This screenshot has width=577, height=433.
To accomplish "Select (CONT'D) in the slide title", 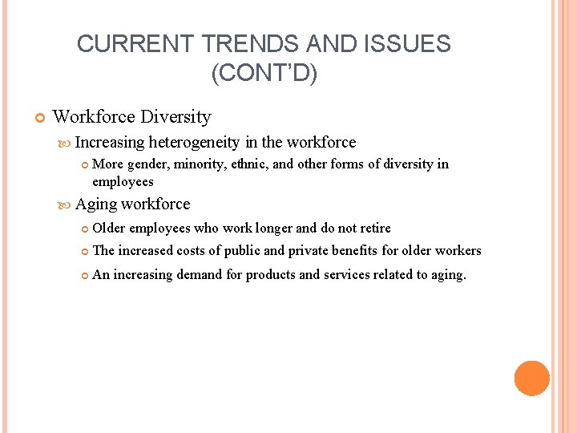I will tap(264, 74).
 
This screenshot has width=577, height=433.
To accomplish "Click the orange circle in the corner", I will tap(531, 378).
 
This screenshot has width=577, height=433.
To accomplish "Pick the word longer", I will tap(274, 229).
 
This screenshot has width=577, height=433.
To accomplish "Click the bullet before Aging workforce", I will tap(65, 204).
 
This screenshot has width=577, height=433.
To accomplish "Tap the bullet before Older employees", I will tap(84, 229).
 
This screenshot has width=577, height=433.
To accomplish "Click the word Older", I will tap(108, 229).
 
